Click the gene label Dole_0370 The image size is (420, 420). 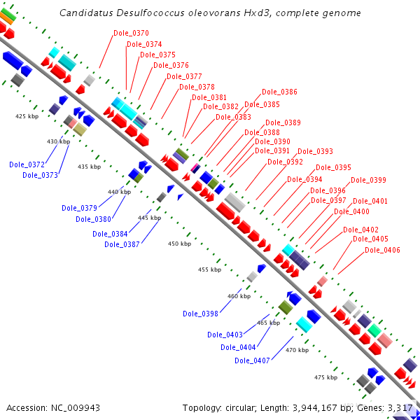click(x=132, y=33)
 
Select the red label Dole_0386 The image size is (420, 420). click(x=279, y=92)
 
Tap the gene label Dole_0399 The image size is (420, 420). click(x=368, y=180)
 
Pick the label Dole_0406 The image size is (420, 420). click(x=382, y=250)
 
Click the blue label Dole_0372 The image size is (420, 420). click(x=27, y=164)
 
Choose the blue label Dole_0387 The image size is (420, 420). click(x=122, y=244)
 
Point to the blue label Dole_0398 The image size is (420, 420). click(x=200, y=313)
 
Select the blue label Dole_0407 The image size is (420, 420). click(x=252, y=360)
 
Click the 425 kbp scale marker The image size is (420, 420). click(x=27, y=116)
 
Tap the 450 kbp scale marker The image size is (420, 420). click(x=179, y=244)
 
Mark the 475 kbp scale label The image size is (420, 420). click(x=325, y=377)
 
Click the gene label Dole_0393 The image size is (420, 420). click(x=315, y=151)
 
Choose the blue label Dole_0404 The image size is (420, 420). click(x=239, y=347)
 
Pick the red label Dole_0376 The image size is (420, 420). click(x=171, y=65)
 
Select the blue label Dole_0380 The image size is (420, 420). click(x=93, y=219)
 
